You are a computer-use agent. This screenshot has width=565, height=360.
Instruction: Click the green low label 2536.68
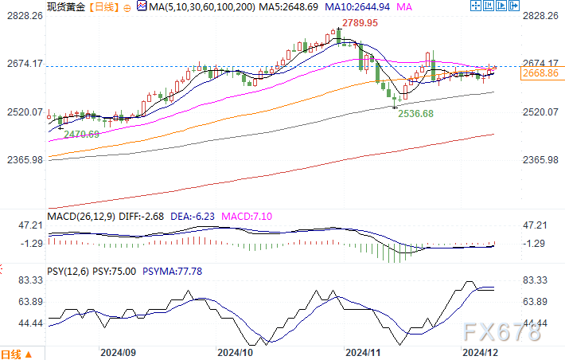(417, 114)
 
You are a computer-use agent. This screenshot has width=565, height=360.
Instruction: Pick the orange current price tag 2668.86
(540, 73)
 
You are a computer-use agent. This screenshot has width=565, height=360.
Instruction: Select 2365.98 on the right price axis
(540, 160)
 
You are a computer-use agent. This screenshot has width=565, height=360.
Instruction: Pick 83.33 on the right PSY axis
(540, 280)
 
